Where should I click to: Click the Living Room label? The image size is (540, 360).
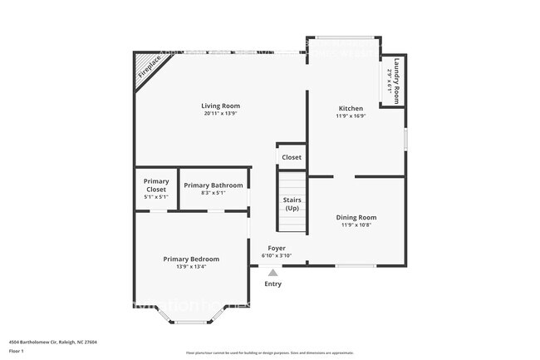pyautogui.click(x=220, y=106)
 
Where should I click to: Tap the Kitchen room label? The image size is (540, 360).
pyautogui.click(x=350, y=109)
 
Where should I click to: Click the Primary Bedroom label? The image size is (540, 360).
pyautogui.click(x=191, y=259)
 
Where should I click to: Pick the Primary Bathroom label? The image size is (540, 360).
pyautogui.click(x=214, y=185)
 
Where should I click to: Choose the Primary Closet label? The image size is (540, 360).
pyautogui.click(x=156, y=185)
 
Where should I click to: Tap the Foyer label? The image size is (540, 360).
pyautogui.click(x=277, y=249)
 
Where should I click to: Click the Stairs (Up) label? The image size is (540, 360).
pyautogui.click(x=292, y=204)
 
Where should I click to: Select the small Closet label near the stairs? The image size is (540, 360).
pyautogui.click(x=292, y=157)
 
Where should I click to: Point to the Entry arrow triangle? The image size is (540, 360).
pyautogui.click(x=272, y=272)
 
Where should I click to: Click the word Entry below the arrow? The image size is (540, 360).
pyautogui.click(x=272, y=284)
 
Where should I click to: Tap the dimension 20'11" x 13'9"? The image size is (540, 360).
pyautogui.click(x=220, y=114)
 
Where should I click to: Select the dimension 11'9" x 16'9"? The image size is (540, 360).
pyautogui.click(x=350, y=116)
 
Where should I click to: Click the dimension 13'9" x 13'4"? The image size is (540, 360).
pyautogui.click(x=191, y=268)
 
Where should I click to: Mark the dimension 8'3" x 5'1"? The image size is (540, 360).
pyautogui.click(x=214, y=193)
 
